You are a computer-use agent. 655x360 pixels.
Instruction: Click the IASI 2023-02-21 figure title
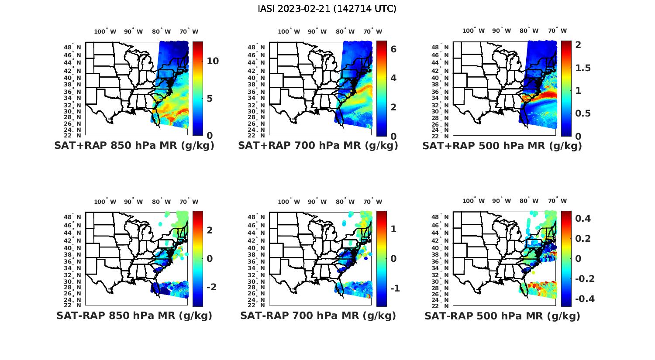327,9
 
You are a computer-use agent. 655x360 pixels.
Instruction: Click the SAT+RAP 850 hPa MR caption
134,146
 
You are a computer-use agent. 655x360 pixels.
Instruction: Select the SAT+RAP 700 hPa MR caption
318,146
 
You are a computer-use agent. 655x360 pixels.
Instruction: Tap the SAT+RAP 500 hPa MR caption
502,146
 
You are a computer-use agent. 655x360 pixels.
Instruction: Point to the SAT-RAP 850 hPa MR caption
134,315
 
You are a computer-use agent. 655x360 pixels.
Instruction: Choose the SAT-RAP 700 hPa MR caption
318,315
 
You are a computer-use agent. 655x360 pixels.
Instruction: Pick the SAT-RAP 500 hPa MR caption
502,315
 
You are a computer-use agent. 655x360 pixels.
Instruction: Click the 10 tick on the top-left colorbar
213,61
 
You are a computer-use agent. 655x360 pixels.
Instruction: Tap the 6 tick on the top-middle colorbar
393,49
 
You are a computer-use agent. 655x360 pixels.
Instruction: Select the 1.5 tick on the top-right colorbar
583,68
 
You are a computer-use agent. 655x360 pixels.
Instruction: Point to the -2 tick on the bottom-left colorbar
211,287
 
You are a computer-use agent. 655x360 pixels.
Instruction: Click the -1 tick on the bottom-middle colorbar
395,288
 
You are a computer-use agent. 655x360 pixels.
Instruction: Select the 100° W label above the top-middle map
289,31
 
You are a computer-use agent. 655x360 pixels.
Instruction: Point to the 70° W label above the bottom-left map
189,202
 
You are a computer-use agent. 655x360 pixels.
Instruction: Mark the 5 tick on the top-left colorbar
210,99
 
